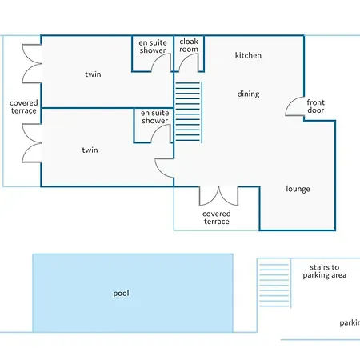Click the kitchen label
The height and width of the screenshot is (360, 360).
pyautogui.click(x=248, y=55)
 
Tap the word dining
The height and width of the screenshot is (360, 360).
pyautogui.click(x=248, y=94)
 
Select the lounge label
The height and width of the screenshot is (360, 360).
pyautogui.click(x=298, y=189)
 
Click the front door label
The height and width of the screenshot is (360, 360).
pyautogui.click(x=316, y=106)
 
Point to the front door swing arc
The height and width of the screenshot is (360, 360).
pyautogui.click(x=290, y=102)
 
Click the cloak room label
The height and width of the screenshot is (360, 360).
pyautogui.click(x=189, y=46)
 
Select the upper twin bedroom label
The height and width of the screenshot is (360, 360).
pyautogui.click(x=93, y=74)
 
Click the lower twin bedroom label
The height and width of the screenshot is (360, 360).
pyautogui.click(x=90, y=150)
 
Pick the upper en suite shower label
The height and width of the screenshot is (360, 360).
pyautogui.click(x=153, y=46)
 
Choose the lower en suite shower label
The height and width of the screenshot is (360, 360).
pyautogui.click(x=155, y=117)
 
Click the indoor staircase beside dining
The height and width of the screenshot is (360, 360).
pyautogui.click(x=188, y=112)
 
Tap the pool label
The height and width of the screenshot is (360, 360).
pyautogui.click(x=121, y=294)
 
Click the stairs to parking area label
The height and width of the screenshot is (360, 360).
pyautogui.click(x=325, y=271)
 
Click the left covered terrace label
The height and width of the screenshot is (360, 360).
pyautogui.click(x=24, y=106)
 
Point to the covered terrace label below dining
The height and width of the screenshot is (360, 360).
pyautogui.click(x=217, y=218)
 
